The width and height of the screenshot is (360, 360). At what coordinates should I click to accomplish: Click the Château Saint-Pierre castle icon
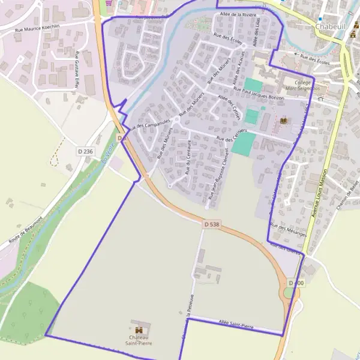pyautogui.click(x=139, y=330)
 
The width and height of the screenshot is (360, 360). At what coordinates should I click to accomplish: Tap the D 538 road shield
pyautogui.click(x=211, y=224)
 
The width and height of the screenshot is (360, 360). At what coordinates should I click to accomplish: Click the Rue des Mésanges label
pyautogui.click(x=289, y=230)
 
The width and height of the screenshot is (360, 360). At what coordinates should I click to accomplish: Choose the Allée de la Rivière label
pyautogui.click(x=239, y=14)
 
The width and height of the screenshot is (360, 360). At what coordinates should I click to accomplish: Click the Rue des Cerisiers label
pyautogui.click(x=232, y=136)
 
